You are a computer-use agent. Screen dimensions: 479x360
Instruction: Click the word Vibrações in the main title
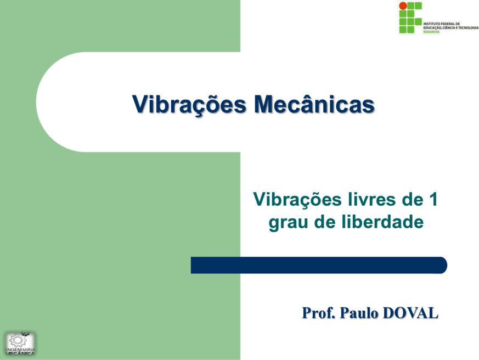pyautogui.click(x=189, y=105)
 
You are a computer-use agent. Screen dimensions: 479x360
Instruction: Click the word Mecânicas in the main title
pyautogui.click(x=314, y=104)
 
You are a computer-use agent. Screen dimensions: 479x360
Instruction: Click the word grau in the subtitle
pyautogui.click(x=288, y=223)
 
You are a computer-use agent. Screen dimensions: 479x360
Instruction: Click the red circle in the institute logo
pyautogui.click(x=403, y=6)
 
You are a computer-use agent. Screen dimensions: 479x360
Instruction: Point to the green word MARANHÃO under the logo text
pyautogui.click(x=431, y=32)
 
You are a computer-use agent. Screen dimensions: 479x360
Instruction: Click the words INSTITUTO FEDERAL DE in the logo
pyautogui.click(x=442, y=24)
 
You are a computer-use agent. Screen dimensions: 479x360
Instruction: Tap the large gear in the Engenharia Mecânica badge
pyautogui.click(x=18, y=341)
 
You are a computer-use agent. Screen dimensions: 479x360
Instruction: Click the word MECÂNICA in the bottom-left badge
pyautogui.click(x=20, y=353)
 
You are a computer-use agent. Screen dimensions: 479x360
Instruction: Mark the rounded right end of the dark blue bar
pyautogui.click(x=447, y=265)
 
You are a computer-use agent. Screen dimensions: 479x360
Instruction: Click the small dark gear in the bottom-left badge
pyautogui.click(x=26, y=334)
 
